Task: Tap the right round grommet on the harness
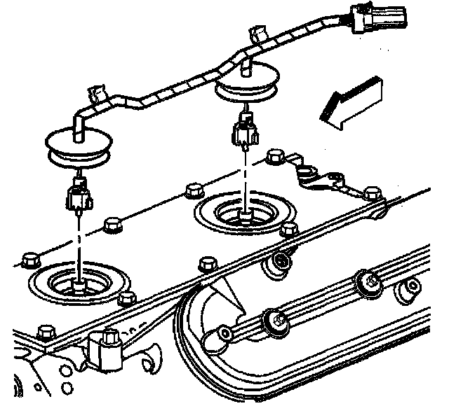pyautogui.click(x=246, y=88)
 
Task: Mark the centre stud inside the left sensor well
pyautogui.click(x=79, y=283)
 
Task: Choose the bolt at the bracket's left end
pyautogui.click(x=276, y=155)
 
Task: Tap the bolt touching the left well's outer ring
pyautogui.click(x=126, y=299)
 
